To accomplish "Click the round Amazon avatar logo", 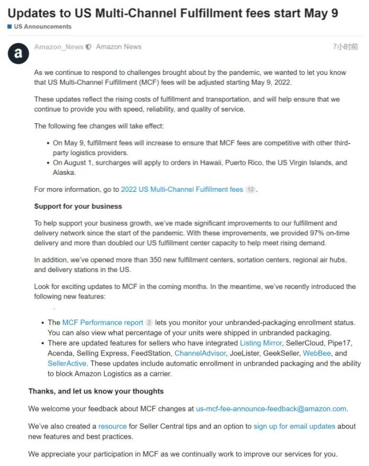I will (19, 53).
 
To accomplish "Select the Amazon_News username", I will (58, 47).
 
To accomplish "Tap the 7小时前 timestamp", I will (345, 47).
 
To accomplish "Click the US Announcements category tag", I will (41, 27).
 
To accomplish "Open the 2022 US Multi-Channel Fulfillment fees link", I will (182, 189).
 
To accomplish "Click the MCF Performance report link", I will (102, 323).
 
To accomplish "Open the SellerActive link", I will (67, 363).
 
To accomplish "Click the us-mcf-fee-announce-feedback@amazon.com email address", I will (271, 409).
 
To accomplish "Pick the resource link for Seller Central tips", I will (113, 426).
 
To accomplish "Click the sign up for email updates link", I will (294, 426).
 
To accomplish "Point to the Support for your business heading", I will (78, 206).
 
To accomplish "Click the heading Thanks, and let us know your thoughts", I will (96, 391).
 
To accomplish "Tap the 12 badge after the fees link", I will (251, 190).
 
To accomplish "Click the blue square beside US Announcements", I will (10, 27).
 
